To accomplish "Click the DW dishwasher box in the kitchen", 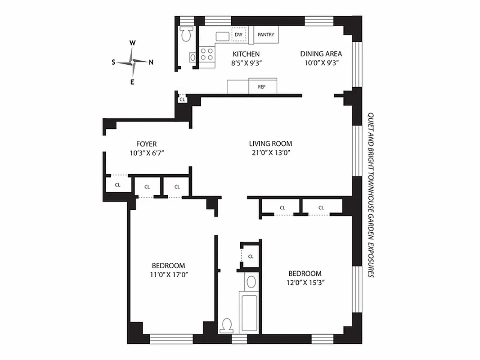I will click(238, 34).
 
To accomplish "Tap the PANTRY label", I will click(265, 34).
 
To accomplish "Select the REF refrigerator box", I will click(261, 87).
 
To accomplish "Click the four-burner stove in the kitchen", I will click(207, 54).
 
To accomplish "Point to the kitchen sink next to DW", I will click(222, 36).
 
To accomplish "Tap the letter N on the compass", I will click(151, 62).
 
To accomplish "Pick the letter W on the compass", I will click(133, 43).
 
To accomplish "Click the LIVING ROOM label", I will click(270, 144).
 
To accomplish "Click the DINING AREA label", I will click(321, 54).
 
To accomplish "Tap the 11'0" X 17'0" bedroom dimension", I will click(168, 274).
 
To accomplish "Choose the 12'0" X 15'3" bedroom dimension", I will click(305, 283).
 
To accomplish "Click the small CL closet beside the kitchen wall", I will click(182, 99).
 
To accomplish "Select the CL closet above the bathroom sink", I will click(251, 256).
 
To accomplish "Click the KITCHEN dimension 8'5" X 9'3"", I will click(246, 63).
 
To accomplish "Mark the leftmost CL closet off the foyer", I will click(117, 184).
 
